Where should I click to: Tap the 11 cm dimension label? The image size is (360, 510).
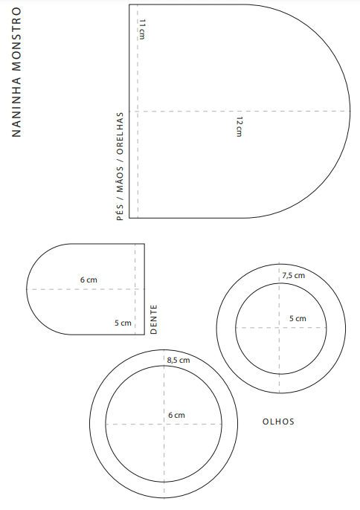click(141, 29)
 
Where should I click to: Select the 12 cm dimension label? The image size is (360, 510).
click(240, 126)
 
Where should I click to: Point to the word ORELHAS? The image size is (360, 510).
click(120, 133)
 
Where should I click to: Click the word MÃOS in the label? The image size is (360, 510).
click(120, 180)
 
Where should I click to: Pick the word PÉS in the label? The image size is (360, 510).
click(120, 213)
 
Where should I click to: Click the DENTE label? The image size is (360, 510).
click(154, 320)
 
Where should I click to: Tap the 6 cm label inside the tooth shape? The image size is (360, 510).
click(89, 280)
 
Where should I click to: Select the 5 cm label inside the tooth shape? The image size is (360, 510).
click(123, 323)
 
